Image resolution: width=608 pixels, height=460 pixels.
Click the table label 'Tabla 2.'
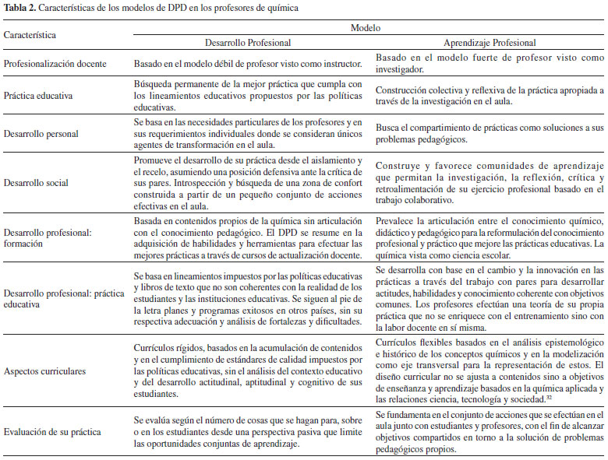click(x=20, y=7)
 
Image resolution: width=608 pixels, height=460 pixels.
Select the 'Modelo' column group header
click(x=366, y=27)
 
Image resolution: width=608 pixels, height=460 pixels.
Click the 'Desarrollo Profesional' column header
click(x=248, y=44)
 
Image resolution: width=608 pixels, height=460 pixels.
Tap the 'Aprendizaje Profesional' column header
click(x=489, y=44)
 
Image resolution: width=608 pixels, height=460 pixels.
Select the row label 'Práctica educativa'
click(x=38, y=97)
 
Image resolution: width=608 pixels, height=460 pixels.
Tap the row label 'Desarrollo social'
click(x=36, y=184)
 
